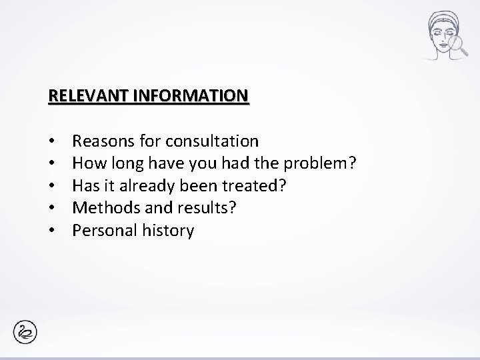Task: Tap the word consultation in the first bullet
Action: pos(213,141)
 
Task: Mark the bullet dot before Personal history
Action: pos(51,231)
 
